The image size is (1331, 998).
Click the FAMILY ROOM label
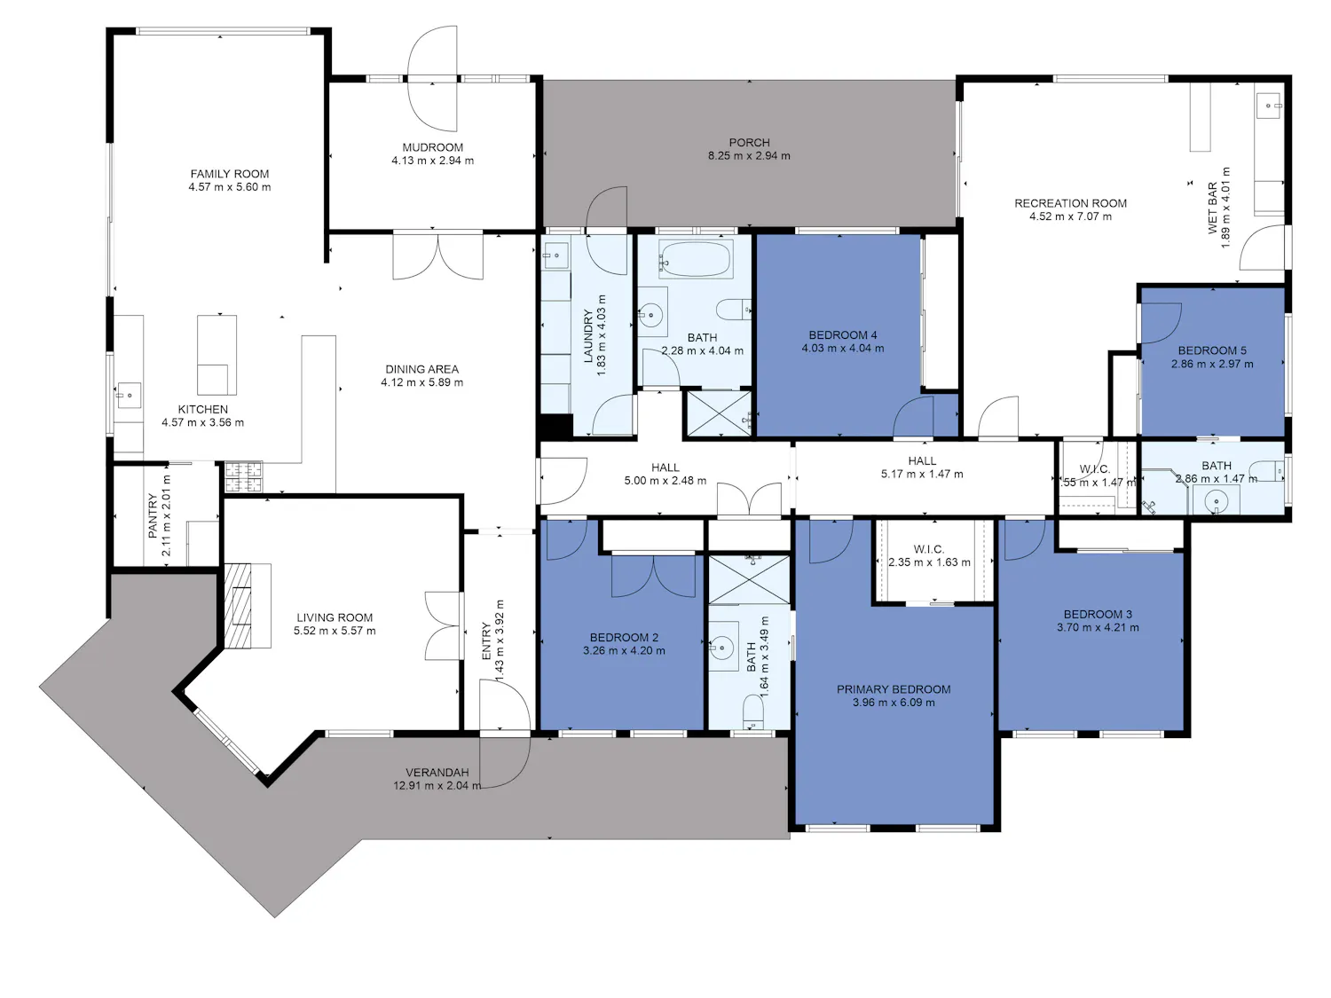coord(229,174)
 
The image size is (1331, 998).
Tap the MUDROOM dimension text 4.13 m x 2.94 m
coord(432,161)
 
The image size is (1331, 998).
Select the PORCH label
coord(750,143)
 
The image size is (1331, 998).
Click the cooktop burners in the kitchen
coord(244,476)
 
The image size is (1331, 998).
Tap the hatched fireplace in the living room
coord(238,605)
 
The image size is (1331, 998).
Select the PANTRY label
coord(153,516)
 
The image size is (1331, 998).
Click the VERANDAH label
coord(437,773)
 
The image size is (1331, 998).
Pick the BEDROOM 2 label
coord(624,638)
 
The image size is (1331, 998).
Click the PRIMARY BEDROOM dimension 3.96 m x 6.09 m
coord(894,703)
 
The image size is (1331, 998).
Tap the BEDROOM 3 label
coord(1098,615)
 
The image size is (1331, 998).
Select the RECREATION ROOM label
coord(1070,204)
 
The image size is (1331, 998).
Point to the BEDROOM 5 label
coord(1212,350)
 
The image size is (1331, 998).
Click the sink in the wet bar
coord(1269,107)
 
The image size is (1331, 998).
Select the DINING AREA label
coord(422,369)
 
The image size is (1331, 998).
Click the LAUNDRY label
coord(587,336)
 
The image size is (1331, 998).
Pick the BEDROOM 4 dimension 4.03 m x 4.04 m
coord(843,349)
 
